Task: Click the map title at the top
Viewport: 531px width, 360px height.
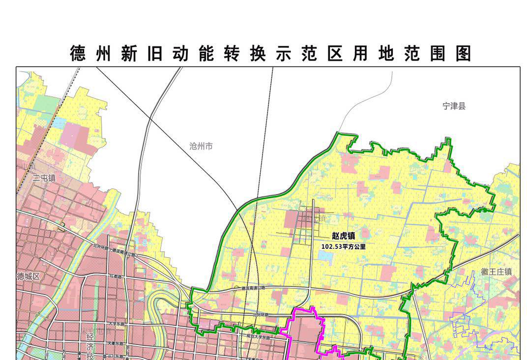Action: point(270,54)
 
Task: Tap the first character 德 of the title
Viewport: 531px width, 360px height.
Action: point(78,54)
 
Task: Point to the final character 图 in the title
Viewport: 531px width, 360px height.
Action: point(463,54)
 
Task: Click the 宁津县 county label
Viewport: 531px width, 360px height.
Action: point(453,106)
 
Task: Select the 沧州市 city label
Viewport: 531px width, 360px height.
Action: point(201,146)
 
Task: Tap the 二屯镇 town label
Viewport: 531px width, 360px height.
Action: point(44,178)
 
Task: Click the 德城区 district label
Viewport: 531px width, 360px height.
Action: point(28,276)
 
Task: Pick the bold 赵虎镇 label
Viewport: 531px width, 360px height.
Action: point(343,237)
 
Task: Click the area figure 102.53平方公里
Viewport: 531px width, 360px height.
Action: point(343,246)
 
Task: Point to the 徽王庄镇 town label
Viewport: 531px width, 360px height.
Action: point(496,271)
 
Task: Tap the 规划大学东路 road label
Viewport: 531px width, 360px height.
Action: point(259,337)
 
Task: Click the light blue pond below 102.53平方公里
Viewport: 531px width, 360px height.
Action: point(324,255)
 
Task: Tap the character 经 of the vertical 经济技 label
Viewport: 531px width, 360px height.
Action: point(90,337)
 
